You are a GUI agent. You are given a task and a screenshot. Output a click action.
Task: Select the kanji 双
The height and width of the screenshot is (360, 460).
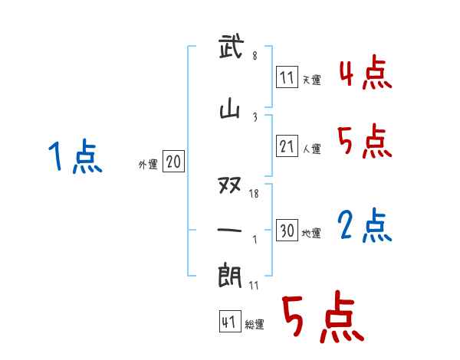click(x=231, y=185)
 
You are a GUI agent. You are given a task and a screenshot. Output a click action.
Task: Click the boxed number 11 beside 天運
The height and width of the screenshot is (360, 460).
click(x=287, y=77)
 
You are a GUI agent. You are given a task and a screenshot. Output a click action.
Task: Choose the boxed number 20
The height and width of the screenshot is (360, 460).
click(x=173, y=162)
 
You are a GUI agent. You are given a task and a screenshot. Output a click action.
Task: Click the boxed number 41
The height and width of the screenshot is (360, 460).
click(x=228, y=322)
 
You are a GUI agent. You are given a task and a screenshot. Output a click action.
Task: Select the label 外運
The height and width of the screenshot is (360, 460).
click(x=147, y=164)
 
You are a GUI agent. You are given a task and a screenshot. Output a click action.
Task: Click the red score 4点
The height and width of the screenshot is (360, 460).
click(x=364, y=73)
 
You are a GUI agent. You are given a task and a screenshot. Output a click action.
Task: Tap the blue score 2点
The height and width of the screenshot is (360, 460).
click(x=364, y=226)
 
